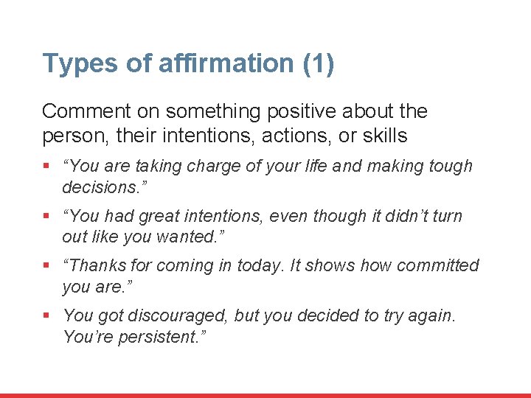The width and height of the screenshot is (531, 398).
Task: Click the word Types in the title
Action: click(x=72, y=64)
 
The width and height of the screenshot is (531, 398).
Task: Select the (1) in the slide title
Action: click(x=318, y=63)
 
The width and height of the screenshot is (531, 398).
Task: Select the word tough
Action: click(x=450, y=167)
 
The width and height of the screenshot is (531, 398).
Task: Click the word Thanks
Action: click(x=100, y=265)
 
